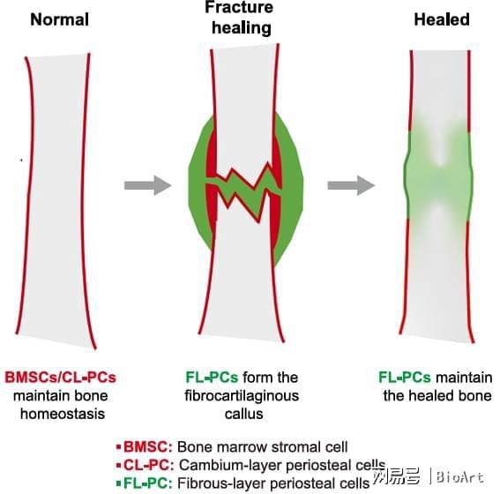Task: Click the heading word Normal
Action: [60, 19]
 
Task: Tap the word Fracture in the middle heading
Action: [239, 7]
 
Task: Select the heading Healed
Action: [442, 19]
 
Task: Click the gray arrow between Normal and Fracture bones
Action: [147, 185]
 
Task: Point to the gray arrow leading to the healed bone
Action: [351, 185]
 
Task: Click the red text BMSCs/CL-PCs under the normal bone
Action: [60, 378]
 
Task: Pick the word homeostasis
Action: [63, 414]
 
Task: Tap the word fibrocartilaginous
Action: [242, 396]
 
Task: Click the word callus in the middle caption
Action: [243, 414]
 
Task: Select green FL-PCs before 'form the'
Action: [212, 378]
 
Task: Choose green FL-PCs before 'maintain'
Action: [405, 378]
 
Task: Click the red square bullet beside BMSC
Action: [119, 447]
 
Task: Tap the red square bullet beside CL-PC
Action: [119, 465]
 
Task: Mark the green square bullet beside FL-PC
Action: [119, 483]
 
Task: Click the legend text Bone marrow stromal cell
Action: [262, 446]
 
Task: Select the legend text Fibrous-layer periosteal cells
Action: [273, 483]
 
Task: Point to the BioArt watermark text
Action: [459, 477]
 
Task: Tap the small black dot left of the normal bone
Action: [21, 160]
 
